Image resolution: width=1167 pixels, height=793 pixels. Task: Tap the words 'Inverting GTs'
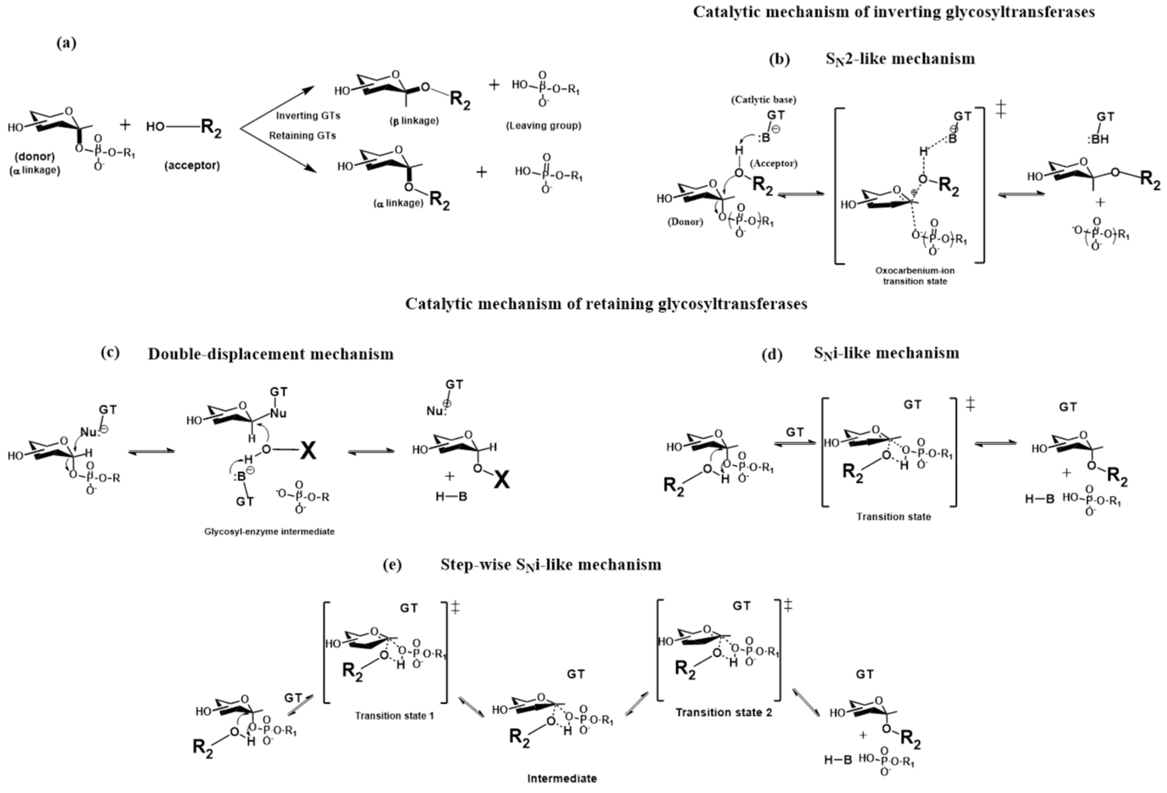point(308,116)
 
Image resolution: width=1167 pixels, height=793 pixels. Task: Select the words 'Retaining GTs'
point(302,136)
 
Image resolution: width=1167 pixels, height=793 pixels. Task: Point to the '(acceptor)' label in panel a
point(192,165)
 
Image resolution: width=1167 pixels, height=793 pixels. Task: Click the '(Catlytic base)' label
point(763,100)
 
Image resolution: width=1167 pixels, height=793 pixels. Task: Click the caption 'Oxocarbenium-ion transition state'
point(915,275)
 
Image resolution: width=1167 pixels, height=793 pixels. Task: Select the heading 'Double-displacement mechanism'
point(271,354)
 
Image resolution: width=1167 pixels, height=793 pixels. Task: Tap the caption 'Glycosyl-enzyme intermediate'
point(269,531)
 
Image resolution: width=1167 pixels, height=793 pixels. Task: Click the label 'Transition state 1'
point(394,716)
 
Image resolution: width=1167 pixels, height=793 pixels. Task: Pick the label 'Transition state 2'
point(724,712)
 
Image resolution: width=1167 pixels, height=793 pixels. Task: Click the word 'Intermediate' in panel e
point(562,778)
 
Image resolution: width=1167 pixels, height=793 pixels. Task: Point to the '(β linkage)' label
point(414,121)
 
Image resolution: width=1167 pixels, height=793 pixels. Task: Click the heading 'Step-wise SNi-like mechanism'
point(550,565)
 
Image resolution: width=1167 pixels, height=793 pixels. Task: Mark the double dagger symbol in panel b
point(1001,109)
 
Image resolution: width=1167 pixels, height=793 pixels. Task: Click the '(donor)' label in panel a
point(35,157)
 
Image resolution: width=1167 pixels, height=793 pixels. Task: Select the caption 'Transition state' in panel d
point(893,516)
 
